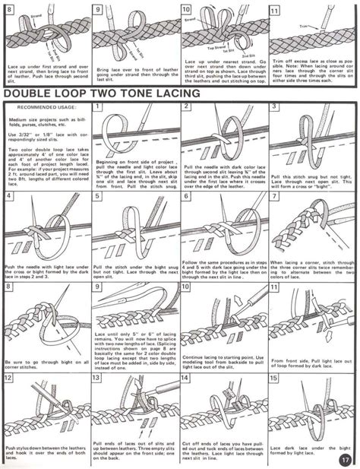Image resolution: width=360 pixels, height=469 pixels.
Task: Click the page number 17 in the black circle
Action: (x=345, y=458)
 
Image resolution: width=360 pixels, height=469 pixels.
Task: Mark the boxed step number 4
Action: (x=8, y=197)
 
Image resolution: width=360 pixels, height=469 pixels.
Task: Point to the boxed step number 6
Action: (x=187, y=197)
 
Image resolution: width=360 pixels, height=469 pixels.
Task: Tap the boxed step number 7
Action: (x=276, y=197)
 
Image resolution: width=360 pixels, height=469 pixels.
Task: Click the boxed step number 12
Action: (x=9, y=378)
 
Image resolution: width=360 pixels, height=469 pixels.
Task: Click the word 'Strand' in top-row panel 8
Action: (x=35, y=14)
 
